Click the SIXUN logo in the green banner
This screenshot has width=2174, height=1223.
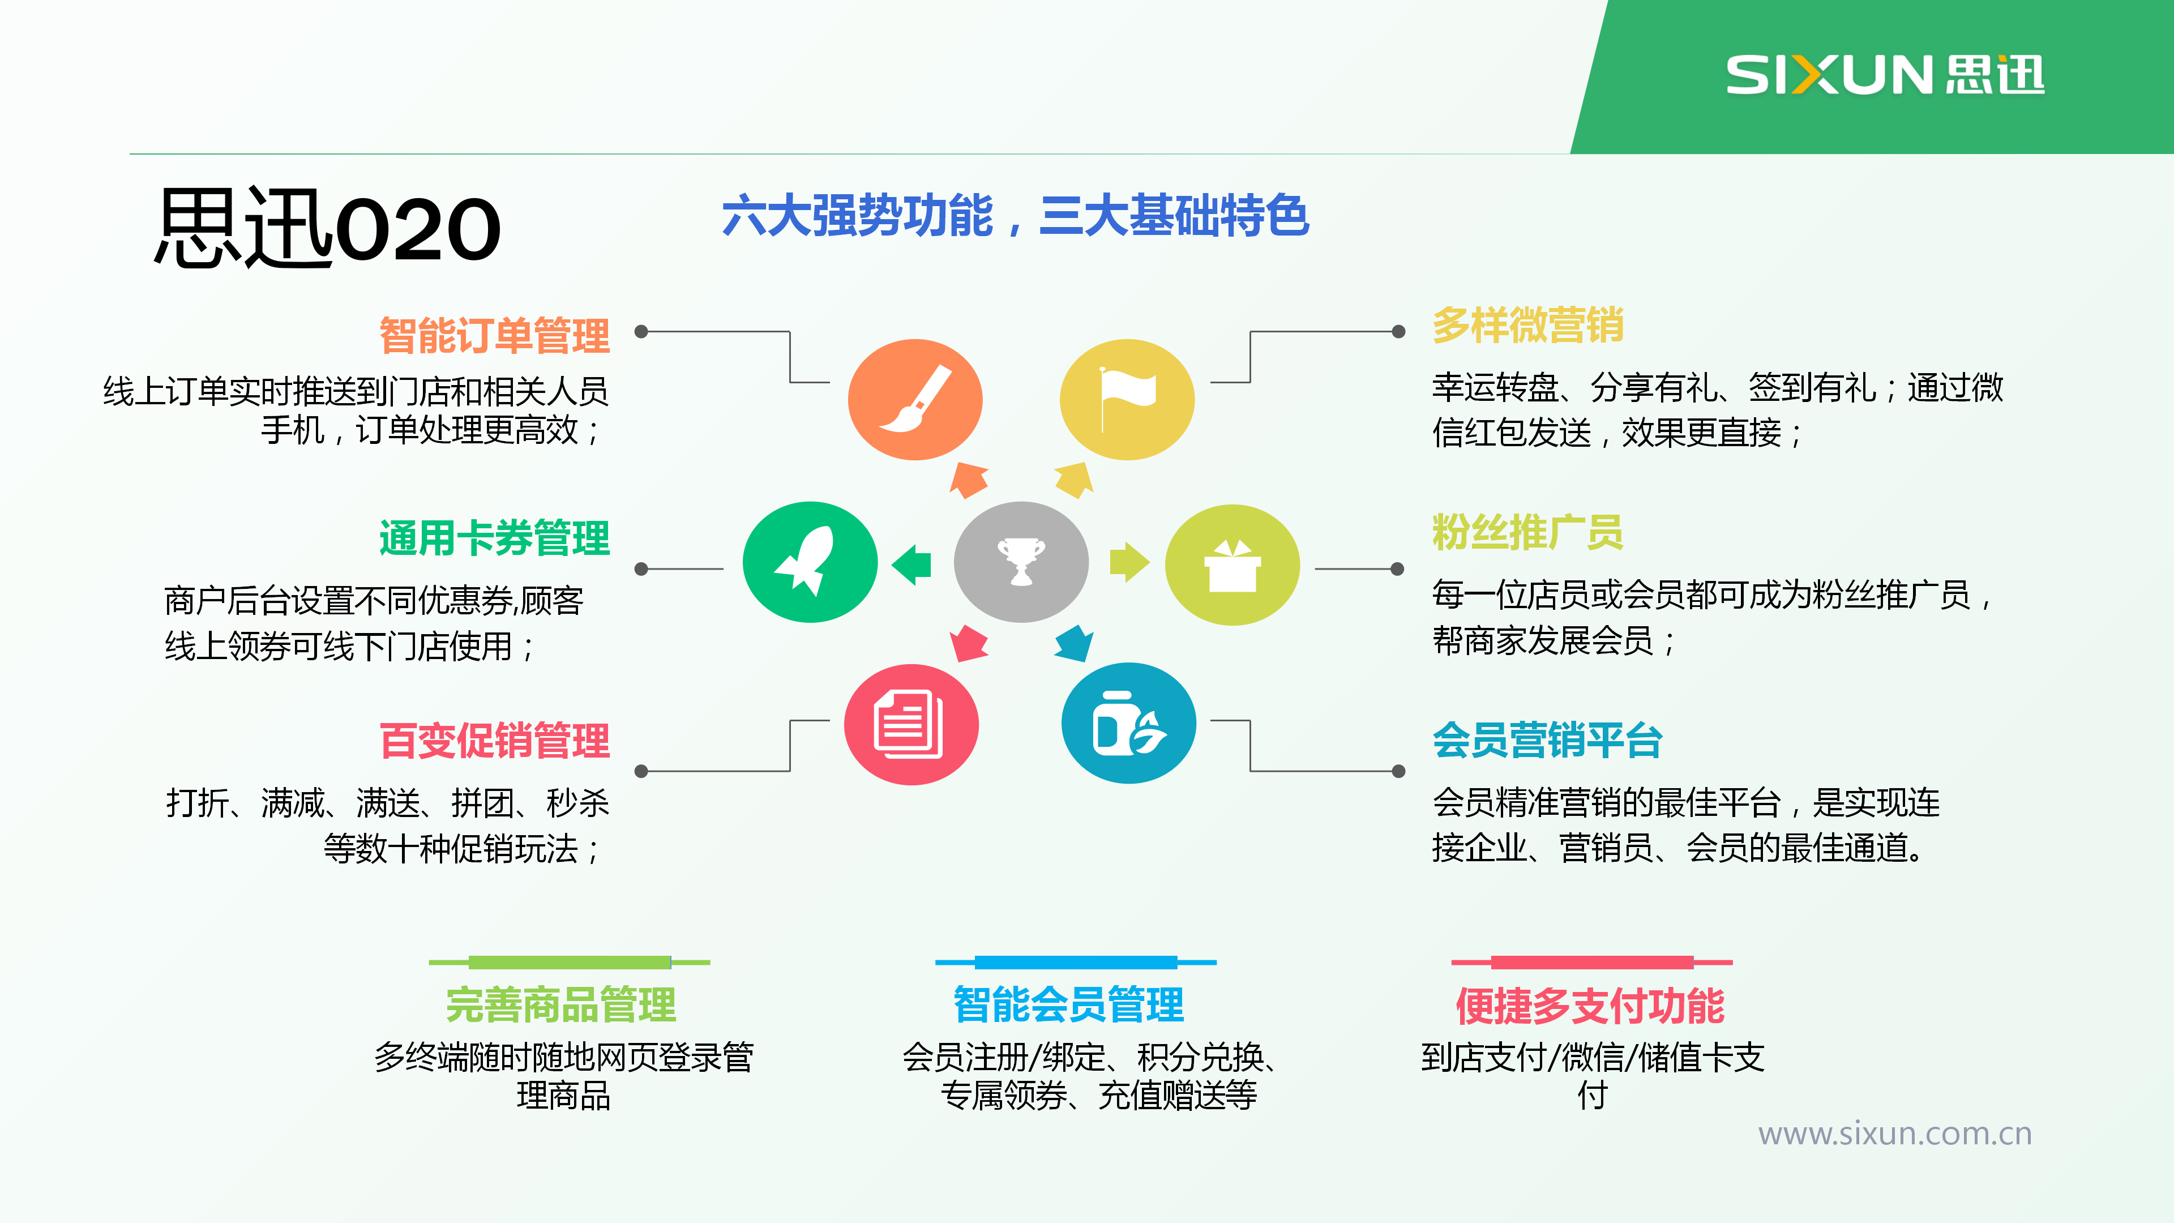(x=1885, y=74)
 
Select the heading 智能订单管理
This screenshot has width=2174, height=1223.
(x=495, y=336)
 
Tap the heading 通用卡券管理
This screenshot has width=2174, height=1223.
(x=495, y=538)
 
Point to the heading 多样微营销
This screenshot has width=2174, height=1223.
(x=1527, y=325)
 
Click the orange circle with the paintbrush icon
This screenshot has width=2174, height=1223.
(x=915, y=399)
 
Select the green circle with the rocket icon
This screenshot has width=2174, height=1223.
(x=810, y=562)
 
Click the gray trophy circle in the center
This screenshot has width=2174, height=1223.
(x=1021, y=562)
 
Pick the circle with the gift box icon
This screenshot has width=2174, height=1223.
(x=1232, y=565)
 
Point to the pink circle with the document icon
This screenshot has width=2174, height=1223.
(x=911, y=724)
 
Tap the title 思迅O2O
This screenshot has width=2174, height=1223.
(x=327, y=228)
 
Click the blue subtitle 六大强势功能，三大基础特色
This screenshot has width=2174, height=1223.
(x=1015, y=216)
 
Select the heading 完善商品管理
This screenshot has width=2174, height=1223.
(x=561, y=1004)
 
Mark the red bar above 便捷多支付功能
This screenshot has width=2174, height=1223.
(x=1591, y=962)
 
